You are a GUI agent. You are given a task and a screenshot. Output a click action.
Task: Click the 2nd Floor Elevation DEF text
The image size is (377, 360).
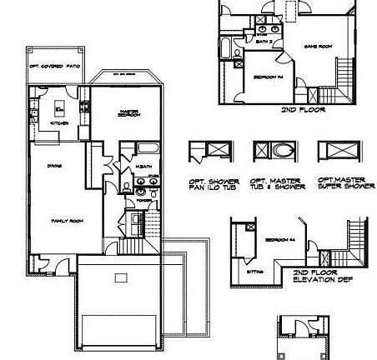pyautogui.click(x=316, y=276)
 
